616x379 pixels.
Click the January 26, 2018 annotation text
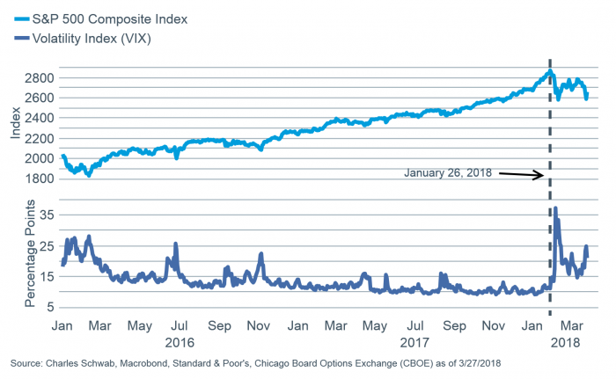pos(448,172)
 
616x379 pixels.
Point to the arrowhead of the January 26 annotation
pos(541,177)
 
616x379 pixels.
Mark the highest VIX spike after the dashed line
pos(554,209)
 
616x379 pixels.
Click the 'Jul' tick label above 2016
pos(180,324)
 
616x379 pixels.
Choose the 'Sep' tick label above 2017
pos(454,324)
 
